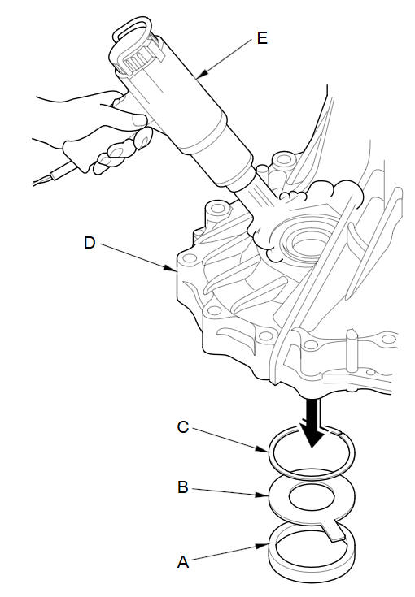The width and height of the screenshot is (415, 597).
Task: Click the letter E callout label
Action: (262, 38)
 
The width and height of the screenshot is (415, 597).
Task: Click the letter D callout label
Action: (90, 243)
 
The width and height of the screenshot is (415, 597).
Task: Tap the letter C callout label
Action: (183, 427)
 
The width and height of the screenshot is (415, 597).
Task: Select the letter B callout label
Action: (183, 487)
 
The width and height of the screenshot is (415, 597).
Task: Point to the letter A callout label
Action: (183, 562)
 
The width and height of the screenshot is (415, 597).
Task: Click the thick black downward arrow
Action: (312, 422)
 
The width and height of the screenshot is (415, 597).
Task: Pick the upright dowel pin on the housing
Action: (352, 348)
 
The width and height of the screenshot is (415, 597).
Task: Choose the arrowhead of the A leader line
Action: (262, 546)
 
